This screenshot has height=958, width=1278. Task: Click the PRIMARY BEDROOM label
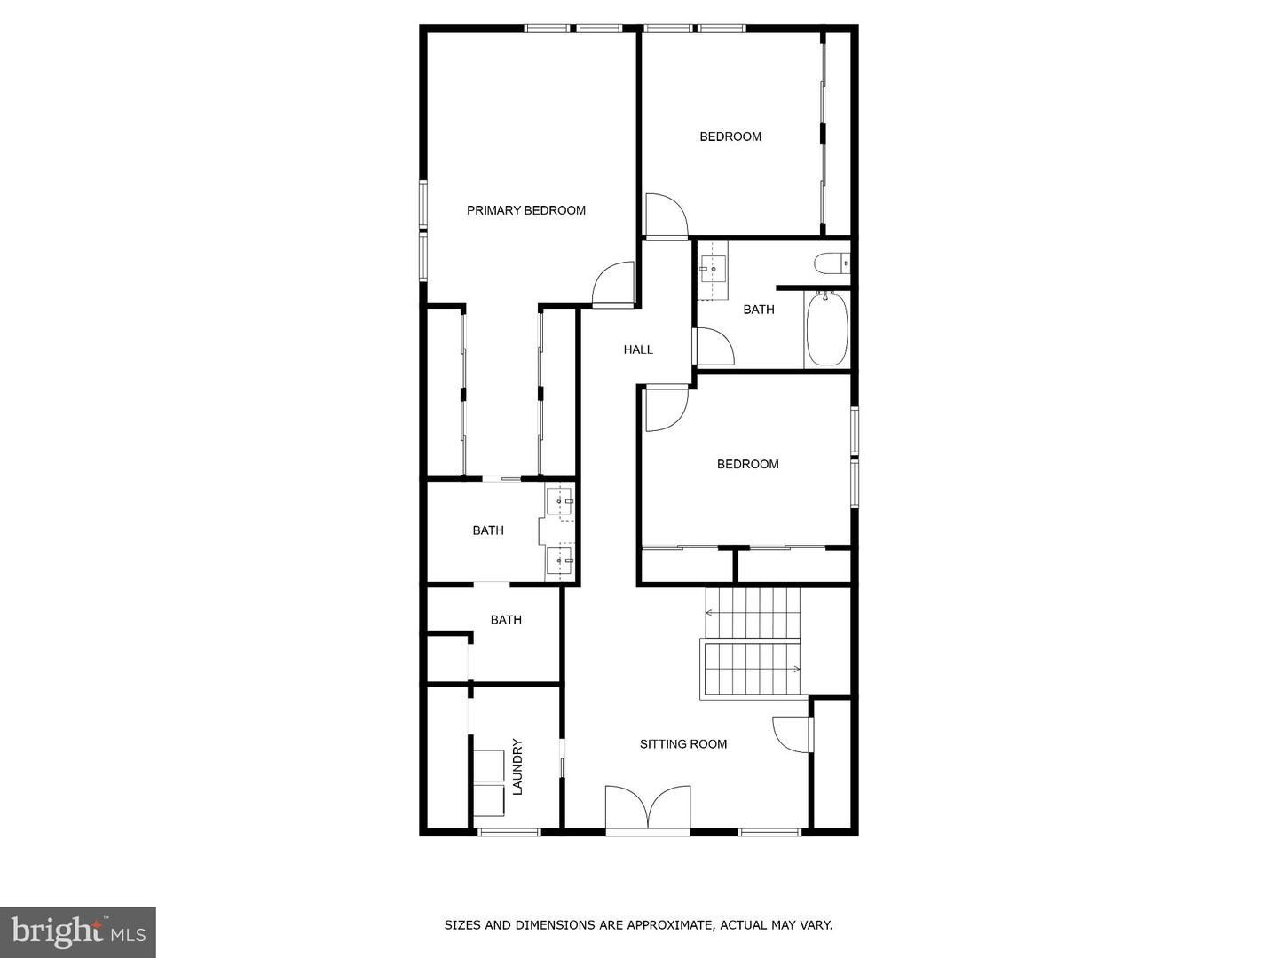pos(526,210)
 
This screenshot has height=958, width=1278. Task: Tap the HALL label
pos(638,349)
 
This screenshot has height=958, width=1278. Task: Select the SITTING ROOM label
pos(683,744)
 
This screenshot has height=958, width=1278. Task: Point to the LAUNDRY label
pos(517,766)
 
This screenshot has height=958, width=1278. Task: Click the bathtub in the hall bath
pos(826,328)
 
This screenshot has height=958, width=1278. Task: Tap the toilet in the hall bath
pos(829,263)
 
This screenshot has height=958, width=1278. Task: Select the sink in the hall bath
pos(712,265)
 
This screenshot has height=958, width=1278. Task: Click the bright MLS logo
pos(78,931)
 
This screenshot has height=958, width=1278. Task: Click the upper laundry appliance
pos(487,766)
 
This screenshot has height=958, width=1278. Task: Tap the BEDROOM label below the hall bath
pos(748,464)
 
